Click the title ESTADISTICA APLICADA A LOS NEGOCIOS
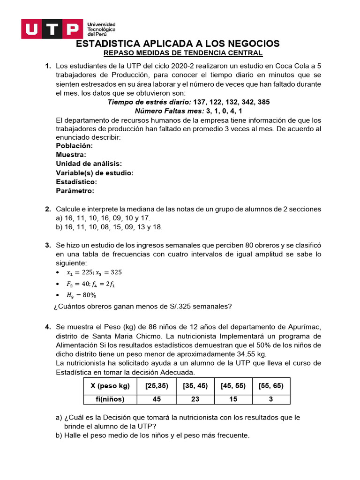point(178,44)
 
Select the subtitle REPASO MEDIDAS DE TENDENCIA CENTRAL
point(183,53)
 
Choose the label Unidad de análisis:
point(89,164)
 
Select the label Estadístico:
point(76,182)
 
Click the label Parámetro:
point(75,191)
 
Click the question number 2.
point(48,209)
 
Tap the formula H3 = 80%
point(81,295)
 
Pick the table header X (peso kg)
point(106,386)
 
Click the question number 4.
point(48,327)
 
